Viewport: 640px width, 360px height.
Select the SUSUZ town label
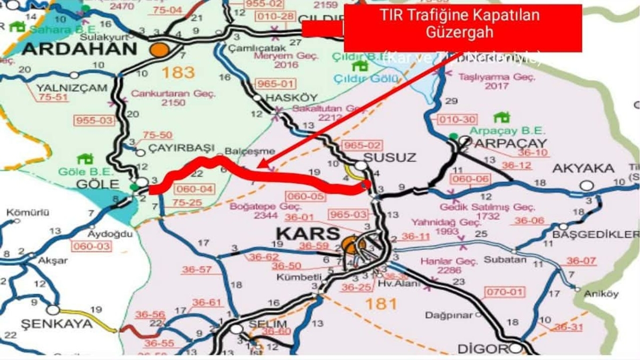382,156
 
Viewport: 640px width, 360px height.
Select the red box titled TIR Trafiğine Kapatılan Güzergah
462,28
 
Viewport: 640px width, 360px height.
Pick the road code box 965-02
363,146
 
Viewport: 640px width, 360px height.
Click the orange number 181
382,304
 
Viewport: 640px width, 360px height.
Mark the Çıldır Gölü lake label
366,79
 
